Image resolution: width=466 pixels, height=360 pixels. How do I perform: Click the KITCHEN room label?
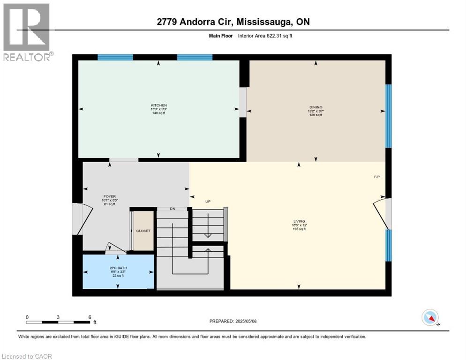pos(158,105)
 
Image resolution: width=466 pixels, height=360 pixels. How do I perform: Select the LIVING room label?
pos(299,221)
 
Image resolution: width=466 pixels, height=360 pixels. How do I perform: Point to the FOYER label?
pos(110,197)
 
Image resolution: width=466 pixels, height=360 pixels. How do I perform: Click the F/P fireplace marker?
pos(377,177)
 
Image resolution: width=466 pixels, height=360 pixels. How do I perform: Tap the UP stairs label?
pos(208,202)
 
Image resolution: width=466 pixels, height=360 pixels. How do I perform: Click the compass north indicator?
pos(430,318)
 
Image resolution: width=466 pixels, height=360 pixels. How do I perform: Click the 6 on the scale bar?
pos(90,317)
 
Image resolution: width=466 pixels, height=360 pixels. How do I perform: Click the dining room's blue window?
pos(388,116)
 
